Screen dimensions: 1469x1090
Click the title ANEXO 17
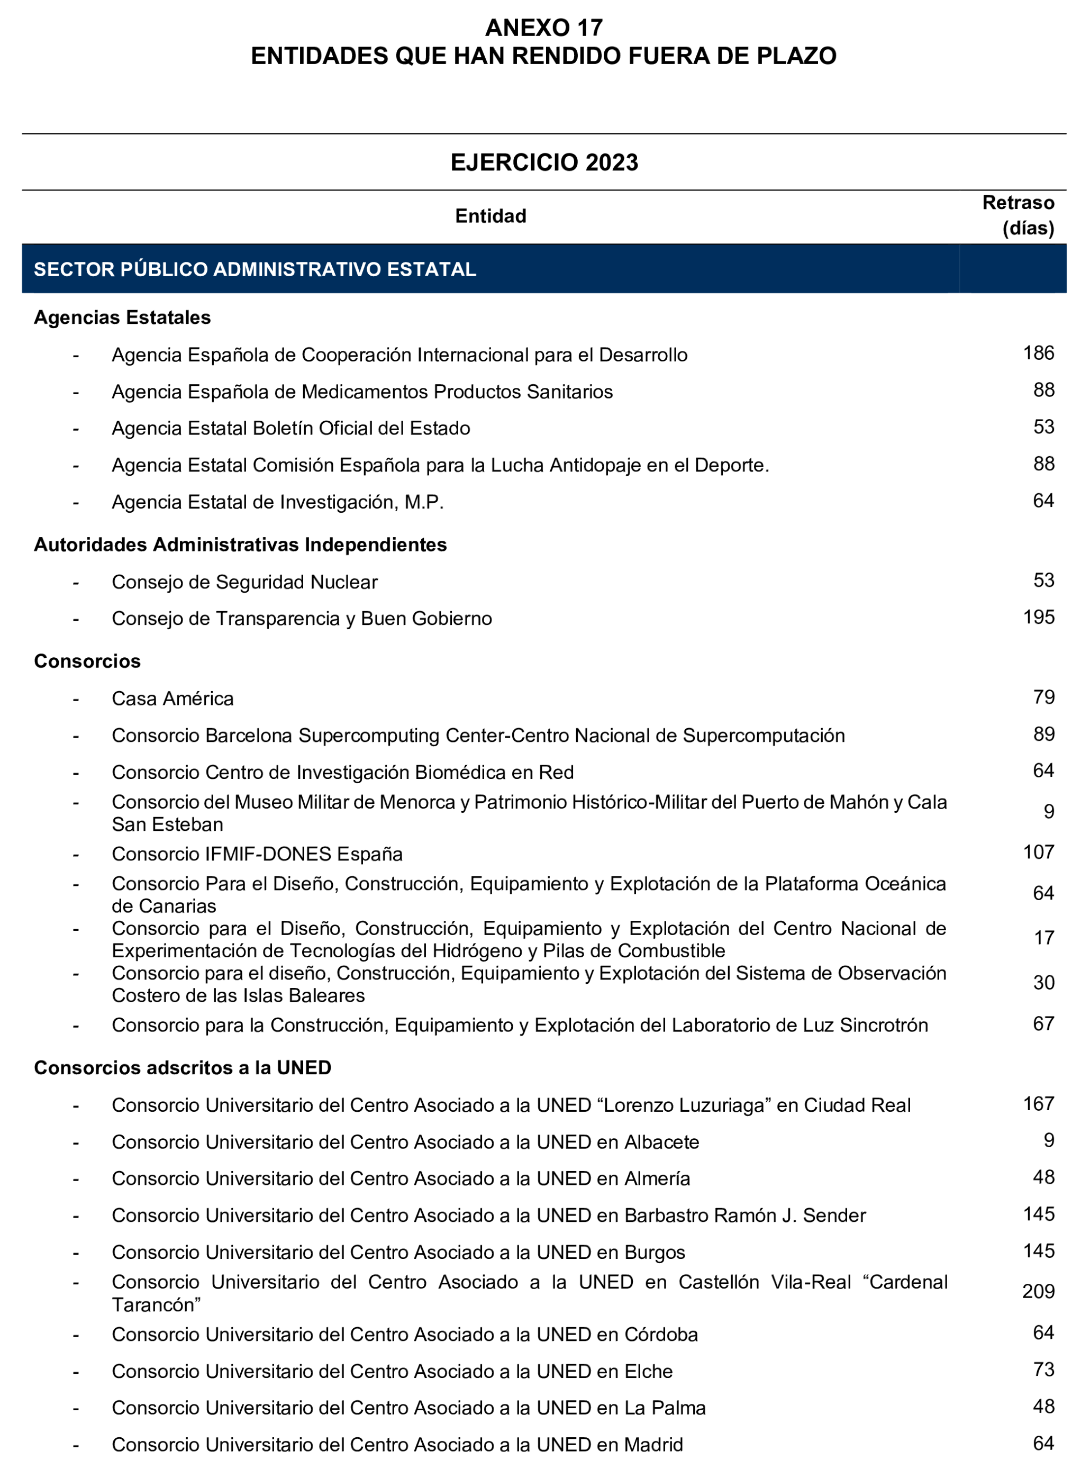(x=544, y=28)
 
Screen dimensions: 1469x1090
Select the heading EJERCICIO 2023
(x=544, y=162)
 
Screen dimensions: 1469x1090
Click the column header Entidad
(x=490, y=216)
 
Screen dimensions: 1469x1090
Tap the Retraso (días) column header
(x=1018, y=215)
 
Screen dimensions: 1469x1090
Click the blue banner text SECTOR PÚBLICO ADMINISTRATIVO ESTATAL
(x=255, y=269)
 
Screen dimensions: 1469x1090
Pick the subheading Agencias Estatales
(x=122, y=318)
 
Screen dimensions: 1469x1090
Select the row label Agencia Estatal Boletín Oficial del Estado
(x=290, y=428)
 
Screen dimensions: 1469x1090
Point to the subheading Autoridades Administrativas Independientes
(x=240, y=545)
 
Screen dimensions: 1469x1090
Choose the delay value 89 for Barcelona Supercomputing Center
(x=1043, y=734)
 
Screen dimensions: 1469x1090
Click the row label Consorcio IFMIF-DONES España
(x=257, y=854)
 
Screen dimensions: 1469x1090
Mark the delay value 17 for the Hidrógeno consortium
(x=1043, y=938)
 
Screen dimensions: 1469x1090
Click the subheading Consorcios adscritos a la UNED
(x=182, y=1068)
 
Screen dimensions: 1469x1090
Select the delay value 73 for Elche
(x=1043, y=1370)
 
